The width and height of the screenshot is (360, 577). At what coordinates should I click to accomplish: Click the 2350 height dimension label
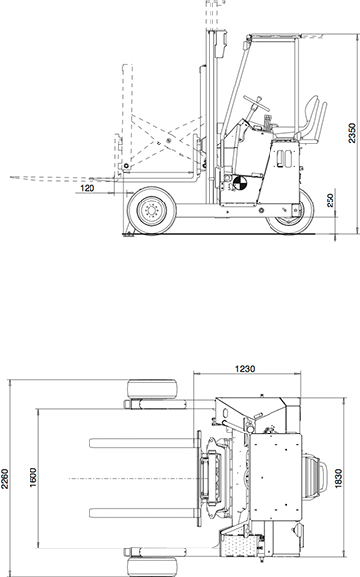[352, 133]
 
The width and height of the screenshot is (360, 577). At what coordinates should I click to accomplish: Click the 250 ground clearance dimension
[330, 201]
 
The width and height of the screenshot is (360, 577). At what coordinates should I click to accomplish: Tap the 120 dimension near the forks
[87, 188]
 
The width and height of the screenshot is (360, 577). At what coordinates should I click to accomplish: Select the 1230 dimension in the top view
[245, 368]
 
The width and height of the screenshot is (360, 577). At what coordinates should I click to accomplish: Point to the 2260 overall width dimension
[4, 479]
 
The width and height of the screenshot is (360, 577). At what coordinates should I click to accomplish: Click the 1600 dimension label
[33, 478]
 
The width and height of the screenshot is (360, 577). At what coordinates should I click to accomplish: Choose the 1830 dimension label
[338, 479]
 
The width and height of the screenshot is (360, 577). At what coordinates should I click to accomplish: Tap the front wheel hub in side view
[151, 210]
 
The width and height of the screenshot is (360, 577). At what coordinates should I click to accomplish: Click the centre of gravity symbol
[239, 183]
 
